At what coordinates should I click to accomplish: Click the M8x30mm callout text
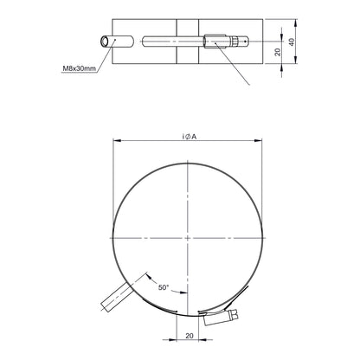click(79, 68)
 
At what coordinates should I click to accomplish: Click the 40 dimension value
click(292, 42)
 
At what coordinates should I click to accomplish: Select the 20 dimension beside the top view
click(278, 52)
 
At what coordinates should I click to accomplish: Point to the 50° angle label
click(164, 287)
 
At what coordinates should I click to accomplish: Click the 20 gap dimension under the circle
click(190, 336)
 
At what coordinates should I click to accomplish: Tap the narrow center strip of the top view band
click(188, 42)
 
